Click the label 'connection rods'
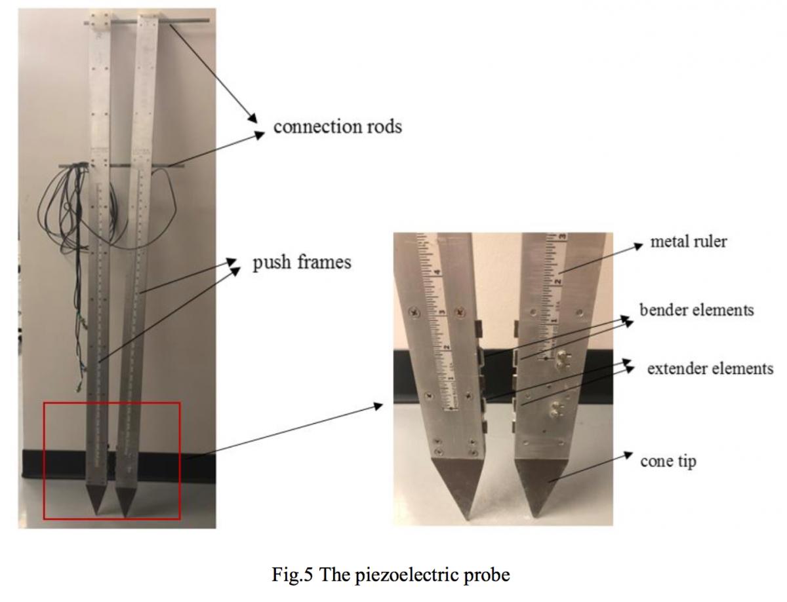coord(338,126)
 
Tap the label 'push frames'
coord(302,262)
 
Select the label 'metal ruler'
coord(689,242)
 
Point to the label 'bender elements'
coord(696,310)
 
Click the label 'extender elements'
coord(710,368)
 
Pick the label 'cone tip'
coord(668,462)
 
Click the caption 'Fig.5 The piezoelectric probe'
coord(391,574)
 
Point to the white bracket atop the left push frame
coord(101,22)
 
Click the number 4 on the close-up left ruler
coord(439,273)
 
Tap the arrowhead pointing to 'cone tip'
coord(628,455)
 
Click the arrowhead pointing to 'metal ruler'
coord(637,246)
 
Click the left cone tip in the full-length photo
coord(96,499)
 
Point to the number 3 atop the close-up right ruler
coord(563,236)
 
